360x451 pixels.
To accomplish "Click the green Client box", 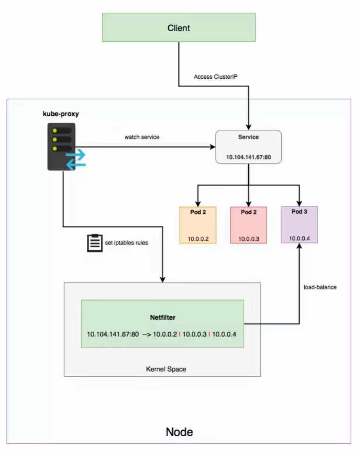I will (x=178, y=28).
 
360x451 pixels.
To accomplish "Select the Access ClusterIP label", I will (x=216, y=77).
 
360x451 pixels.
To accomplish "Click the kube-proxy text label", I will (x=61, y=114).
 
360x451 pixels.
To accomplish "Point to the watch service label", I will (x=142, y=137).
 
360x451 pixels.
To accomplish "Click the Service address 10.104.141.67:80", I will (x=248, y=156).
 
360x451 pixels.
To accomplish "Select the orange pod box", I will (x=198, y=225).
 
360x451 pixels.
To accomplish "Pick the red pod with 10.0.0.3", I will (x=248, y=225).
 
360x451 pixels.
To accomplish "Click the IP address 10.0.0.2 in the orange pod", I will (x=198, y=238).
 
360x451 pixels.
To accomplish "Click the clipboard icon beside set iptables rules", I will (x=94, y=242).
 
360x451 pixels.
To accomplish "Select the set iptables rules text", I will (x=127, y=243).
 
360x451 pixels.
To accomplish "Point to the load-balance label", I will (x=320, y=287).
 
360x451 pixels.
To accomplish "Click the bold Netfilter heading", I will (x=162, y=317).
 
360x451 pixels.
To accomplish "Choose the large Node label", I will (x=179, y=432).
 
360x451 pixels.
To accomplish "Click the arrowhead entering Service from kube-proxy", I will (x=213, y=147).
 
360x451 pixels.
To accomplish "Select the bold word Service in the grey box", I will (x=248, y=137).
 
